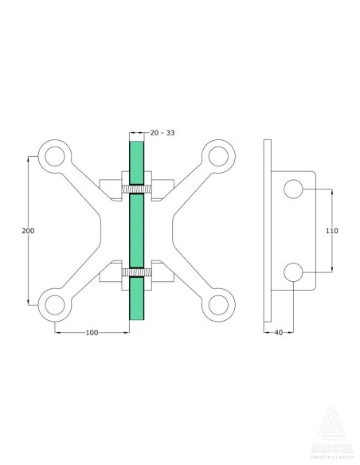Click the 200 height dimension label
click(x=28, y=230)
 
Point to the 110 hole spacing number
click(x=332, y=230)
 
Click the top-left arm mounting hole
click(x=55, y=156)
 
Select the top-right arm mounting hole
click(x=216, y=156)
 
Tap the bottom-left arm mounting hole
click(x=55, y=303)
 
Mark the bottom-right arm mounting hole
click(x=216, y=303)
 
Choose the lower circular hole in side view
click(x=293, y=272)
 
